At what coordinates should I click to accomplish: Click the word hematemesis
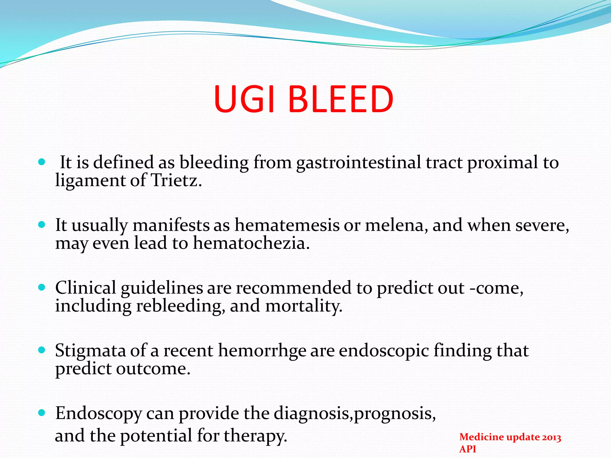[287, 225]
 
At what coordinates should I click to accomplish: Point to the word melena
[396, 225]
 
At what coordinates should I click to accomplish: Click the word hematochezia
[251, 243]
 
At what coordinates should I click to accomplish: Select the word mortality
[303, 306]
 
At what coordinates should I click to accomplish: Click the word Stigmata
[90, 351]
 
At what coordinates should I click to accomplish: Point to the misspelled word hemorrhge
[262, 351]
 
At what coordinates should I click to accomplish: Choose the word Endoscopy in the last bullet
[98, 414]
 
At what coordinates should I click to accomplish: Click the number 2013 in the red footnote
[551, 437]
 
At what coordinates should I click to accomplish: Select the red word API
[467, 449]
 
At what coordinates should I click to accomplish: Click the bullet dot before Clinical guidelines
[42, 287]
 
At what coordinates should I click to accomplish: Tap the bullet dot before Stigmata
[42, 350]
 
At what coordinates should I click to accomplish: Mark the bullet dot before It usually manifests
[42, 225]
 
